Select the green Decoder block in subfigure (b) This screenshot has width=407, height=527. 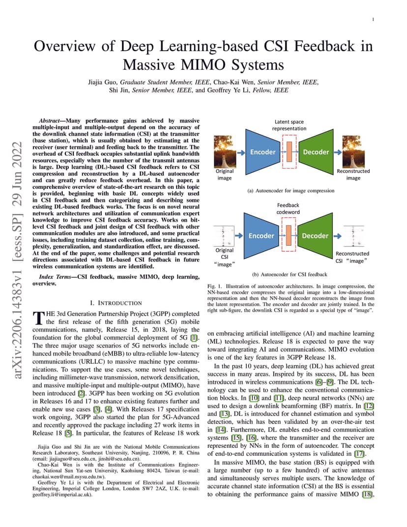(x=315, y=235)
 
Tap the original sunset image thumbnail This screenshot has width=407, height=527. (x=225, y=151)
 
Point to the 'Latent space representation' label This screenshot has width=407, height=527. (x=289, y=125)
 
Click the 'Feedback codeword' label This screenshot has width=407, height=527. (x=288, y=208)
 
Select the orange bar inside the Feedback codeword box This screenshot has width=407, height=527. (x=289, y=235)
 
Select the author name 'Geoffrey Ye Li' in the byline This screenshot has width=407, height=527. (x=228, y=90)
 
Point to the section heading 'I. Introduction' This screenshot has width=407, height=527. (x=116, y=303)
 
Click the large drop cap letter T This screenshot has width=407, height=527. (x=38, y=318)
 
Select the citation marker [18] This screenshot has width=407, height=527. (x=368, y=494)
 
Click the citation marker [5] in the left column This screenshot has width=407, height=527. (x=68, y=433)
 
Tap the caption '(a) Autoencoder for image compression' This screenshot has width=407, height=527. (x=291, y=191)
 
